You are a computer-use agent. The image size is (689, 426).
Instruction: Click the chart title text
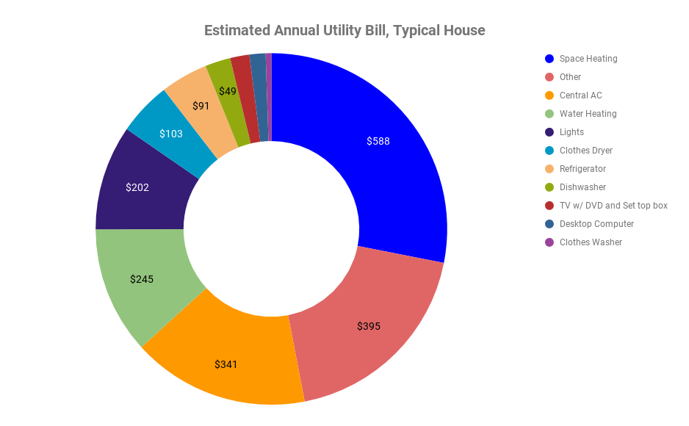[344, 30]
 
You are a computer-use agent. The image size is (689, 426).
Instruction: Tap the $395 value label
[369, 326]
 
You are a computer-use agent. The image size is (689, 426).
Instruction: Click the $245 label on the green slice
[142, 279]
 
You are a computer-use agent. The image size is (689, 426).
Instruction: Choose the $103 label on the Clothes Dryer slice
[171, 134]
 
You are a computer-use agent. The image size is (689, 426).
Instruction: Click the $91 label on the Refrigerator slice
[201, 106]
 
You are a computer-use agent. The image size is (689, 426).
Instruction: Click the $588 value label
[378, 141]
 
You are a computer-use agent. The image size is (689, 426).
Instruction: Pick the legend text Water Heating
[588, 114]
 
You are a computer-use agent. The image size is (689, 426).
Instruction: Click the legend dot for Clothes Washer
[549, 242]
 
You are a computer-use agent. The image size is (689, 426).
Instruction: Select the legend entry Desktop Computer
[596, 224]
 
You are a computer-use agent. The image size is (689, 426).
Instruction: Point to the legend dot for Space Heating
[549, 59]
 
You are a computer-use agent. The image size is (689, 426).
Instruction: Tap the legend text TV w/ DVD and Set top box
[613, 206]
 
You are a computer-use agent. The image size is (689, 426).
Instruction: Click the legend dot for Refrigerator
[549, 169]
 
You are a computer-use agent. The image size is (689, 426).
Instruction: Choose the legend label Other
[570, 77]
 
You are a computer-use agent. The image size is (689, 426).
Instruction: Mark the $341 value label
[226, 364]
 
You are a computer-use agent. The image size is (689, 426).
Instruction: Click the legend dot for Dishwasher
[549, 187]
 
